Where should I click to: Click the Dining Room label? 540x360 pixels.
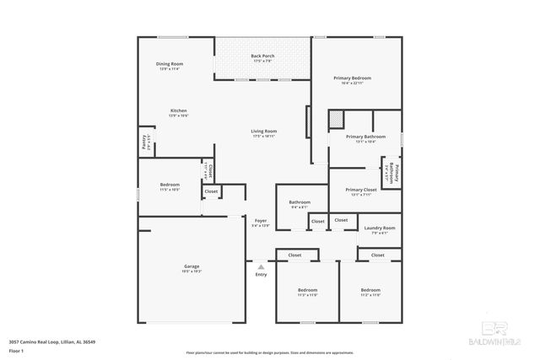coord(169,64)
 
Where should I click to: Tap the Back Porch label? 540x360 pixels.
coord(262,56)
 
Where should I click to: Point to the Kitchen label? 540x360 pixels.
coord(178,110)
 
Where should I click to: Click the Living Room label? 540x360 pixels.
coord(263,131)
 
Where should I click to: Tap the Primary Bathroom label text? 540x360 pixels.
coord(365,136)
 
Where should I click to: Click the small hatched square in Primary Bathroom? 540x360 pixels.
coord(336,118)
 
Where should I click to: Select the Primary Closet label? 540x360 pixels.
coord(361,190)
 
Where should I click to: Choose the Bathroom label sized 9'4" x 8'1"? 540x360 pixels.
coord(300,202)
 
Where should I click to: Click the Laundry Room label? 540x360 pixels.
coord(379,228)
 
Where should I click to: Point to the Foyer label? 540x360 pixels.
coord(261,221)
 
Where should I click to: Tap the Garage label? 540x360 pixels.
coord(192,266)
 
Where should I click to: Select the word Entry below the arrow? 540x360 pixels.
coord(261,274)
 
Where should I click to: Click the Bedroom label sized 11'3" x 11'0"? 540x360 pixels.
coord(306,289)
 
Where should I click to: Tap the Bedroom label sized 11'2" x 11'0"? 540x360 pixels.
coord(370,289)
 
